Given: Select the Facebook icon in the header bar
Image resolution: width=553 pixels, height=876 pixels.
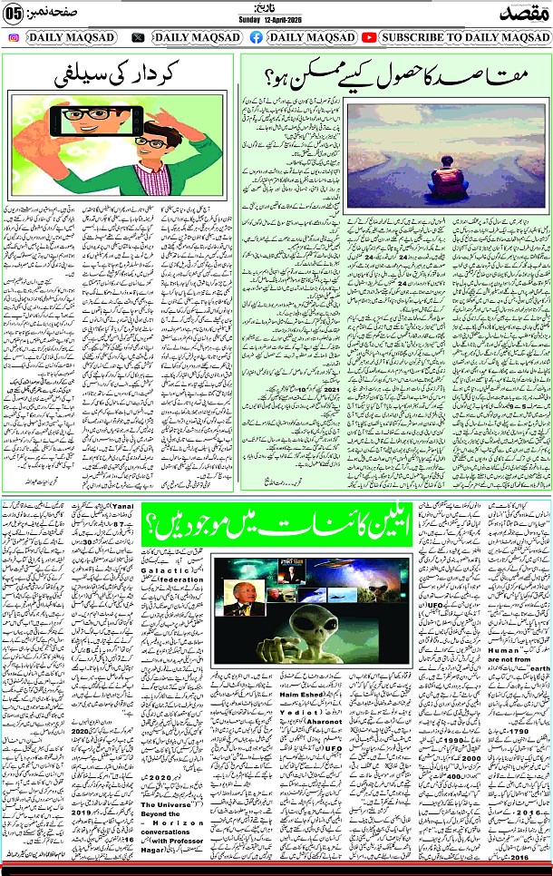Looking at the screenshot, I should pos(256,37).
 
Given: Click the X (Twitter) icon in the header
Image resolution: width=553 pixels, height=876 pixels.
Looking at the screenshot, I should pos(138,37).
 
